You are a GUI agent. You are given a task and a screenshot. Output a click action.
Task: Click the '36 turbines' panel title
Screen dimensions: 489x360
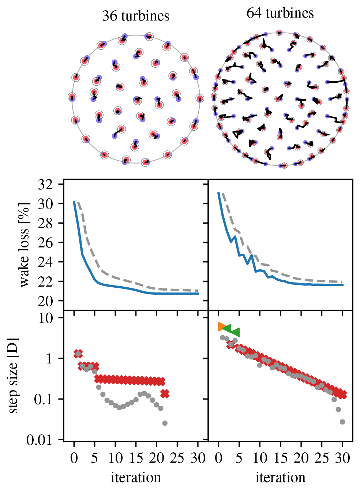click(136, 16)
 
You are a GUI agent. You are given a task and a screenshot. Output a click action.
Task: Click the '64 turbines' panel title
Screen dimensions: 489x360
click(280, 13)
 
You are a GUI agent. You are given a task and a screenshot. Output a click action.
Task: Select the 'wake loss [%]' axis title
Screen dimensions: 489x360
click(24, 244)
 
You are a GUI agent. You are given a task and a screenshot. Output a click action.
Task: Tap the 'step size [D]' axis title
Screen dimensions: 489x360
click(13, 376)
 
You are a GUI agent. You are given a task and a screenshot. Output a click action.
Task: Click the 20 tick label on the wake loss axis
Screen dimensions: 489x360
click(45, 301)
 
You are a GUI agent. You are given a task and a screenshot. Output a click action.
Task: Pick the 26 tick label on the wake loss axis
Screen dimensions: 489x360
click(45, 243)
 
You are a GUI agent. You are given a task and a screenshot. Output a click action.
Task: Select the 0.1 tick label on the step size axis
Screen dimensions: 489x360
click(43, 399)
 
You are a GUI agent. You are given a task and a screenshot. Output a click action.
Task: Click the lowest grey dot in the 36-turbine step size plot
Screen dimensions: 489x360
click(165, 423)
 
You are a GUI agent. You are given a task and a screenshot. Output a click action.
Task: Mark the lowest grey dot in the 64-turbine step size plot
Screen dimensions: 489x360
click(342, 422)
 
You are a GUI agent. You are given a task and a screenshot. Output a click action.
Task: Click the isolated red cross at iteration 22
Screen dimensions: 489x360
click(165, 394)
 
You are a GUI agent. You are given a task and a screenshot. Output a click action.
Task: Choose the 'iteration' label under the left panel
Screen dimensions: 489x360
click(136, 477)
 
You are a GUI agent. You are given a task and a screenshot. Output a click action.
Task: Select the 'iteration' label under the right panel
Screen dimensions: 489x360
click(280, 477)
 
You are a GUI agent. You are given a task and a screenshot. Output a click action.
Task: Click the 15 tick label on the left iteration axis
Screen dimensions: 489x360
click(136, 458)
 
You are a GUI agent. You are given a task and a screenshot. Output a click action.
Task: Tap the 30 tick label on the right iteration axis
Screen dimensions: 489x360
click(342, 458)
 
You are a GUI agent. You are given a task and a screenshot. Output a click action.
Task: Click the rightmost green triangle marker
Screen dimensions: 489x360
click(235, 332)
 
